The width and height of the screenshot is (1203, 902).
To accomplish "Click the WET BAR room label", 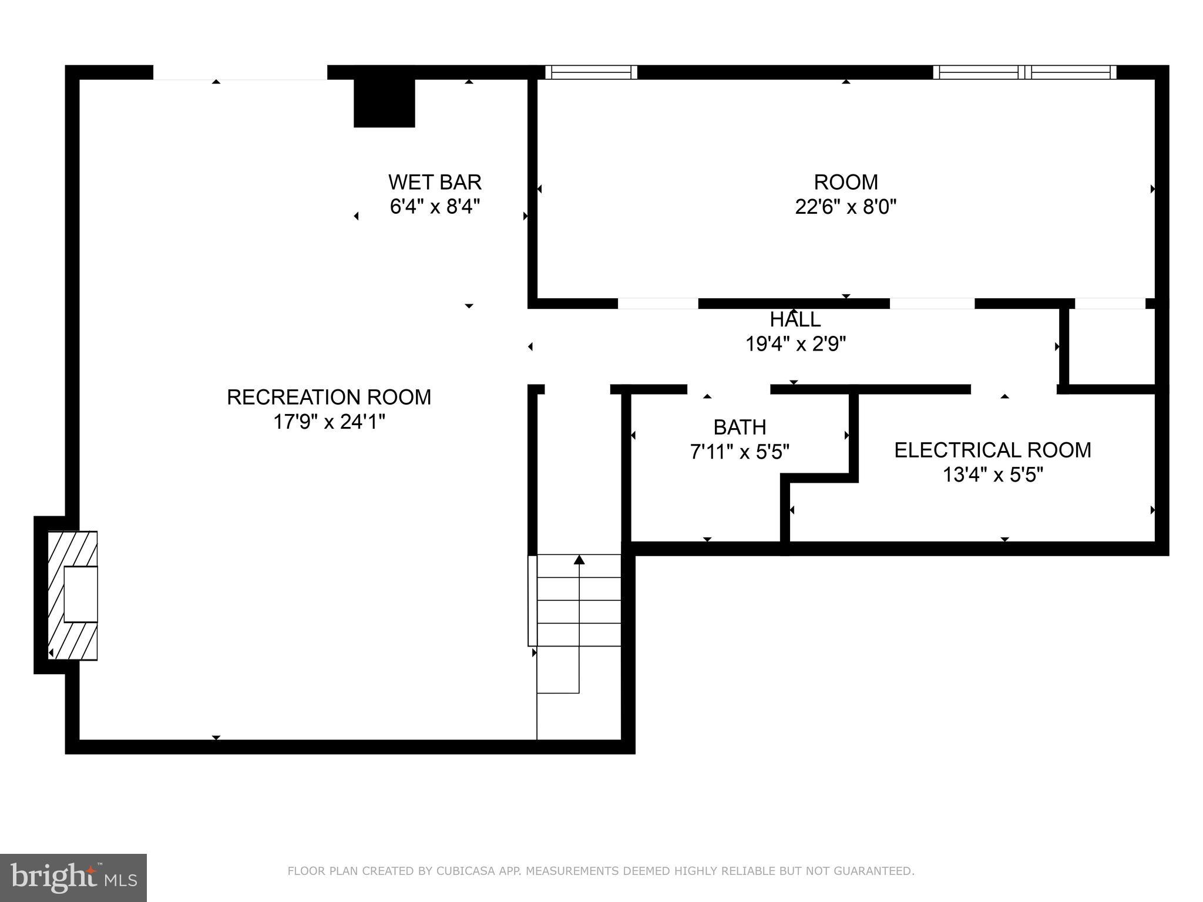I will [x=435, y=182].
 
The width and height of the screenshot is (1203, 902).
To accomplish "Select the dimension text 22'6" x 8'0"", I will [x=845, y=207].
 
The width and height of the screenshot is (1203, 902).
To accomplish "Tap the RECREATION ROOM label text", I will [x=329, y=398].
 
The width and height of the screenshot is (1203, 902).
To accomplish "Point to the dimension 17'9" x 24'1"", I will [x=329, y=422].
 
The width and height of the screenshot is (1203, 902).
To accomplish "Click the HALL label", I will [x=795, y=320].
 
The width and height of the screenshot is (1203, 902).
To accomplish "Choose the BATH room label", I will [x=740, y=427].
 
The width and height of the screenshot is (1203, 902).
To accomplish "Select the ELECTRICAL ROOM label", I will [x=992, y=450].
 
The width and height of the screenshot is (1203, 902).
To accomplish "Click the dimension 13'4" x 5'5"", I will [x=992, y=474].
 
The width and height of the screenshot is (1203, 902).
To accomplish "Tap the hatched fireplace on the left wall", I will [x=72, y=595].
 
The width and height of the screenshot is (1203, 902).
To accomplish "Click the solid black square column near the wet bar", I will [x=384, y=103].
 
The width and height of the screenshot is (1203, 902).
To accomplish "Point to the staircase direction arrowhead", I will [x=579, y=560].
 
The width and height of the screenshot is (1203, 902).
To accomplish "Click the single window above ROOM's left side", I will [x=591, y=72].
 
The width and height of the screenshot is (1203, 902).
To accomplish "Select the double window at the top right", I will [x=1024, y=72].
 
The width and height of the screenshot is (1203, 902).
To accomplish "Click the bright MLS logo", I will [x=73, y=877].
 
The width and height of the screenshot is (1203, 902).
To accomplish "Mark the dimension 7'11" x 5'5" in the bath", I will [x=740, y=452].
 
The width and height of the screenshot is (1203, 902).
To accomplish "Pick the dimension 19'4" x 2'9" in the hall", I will [x=795, y=344].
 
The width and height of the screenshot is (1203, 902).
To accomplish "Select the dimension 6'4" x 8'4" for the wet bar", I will [x=435, y=207].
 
